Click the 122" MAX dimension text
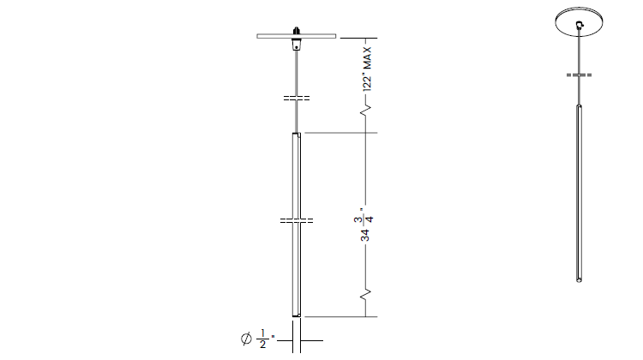pyautogui.click(x=367, y=69)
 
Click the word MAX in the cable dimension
pyautogui.click(x=367, y=57)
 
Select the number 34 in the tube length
pyautogui.click(x=365, y=236)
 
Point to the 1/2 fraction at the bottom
pyautogui.click(x=262, y=339)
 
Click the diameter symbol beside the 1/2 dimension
pyautogui.click(x=246, y=339)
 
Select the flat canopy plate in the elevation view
pyautogui.click(x=297, y=36)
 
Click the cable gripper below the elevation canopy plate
pyautogui.click(x=296, y=45)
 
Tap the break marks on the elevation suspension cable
pyautogui.click(x=297, y=98)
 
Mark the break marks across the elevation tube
pyautogui.click(x=297, y=220)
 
